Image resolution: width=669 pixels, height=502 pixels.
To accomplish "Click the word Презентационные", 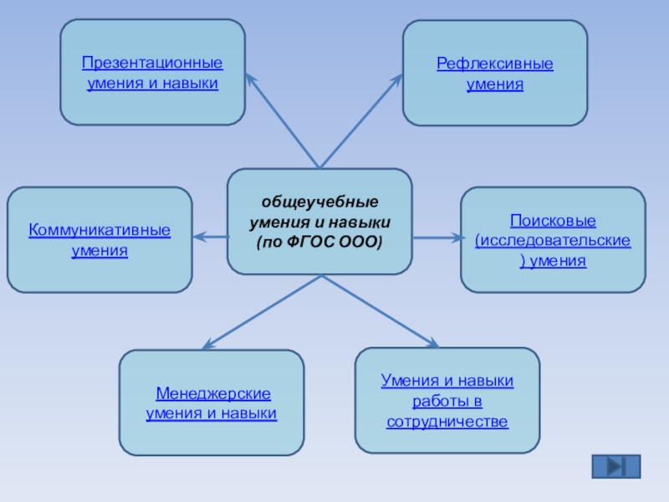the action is [x=152, y=63].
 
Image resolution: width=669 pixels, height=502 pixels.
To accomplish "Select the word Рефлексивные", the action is [x=495, y=64].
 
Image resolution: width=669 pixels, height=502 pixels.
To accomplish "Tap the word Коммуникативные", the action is [x=100, y=229].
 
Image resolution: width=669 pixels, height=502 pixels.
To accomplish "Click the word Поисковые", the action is [x=553, y=221].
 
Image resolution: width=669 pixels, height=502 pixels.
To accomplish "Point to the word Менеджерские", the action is [x=212, y=393].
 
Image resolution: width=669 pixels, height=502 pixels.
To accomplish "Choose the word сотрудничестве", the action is [x=447, y=421].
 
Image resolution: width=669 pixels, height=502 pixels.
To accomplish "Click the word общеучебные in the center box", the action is [x=319, y=203].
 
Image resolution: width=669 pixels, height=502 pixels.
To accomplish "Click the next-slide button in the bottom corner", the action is [x=616, y=467].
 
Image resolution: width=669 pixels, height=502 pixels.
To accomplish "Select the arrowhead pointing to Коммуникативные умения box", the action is [x=198, y=238].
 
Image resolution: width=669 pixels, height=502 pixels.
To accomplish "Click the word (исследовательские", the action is [x=553, y=241].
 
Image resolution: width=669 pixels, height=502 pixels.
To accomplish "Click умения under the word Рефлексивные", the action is [x=495, y=85].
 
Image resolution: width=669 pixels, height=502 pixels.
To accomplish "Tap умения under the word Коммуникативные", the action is [x=100, y=250].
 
